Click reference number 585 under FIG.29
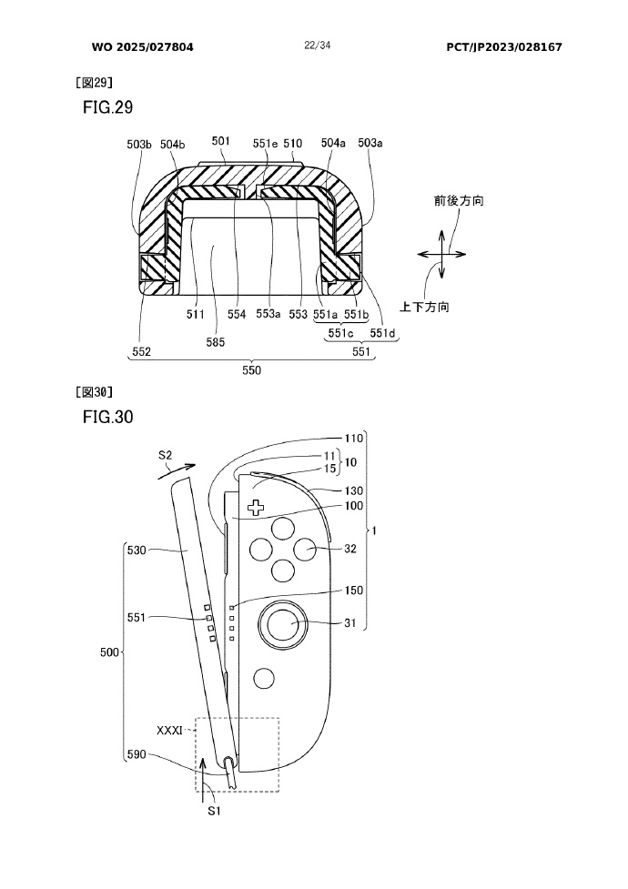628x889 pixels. coord(215,341)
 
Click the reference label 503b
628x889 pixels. coord(140,143)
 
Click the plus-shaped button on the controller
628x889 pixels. coord(258,507)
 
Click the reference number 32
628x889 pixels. coord(350,549)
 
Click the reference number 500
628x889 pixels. coord(109,652)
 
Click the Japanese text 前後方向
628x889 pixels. coord(458,201)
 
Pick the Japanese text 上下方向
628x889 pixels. coord(425,308)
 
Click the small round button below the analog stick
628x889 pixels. coord(265,678)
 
